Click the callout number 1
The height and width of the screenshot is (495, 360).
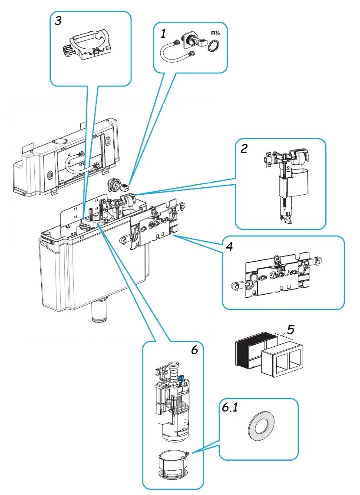click(163, 33)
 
